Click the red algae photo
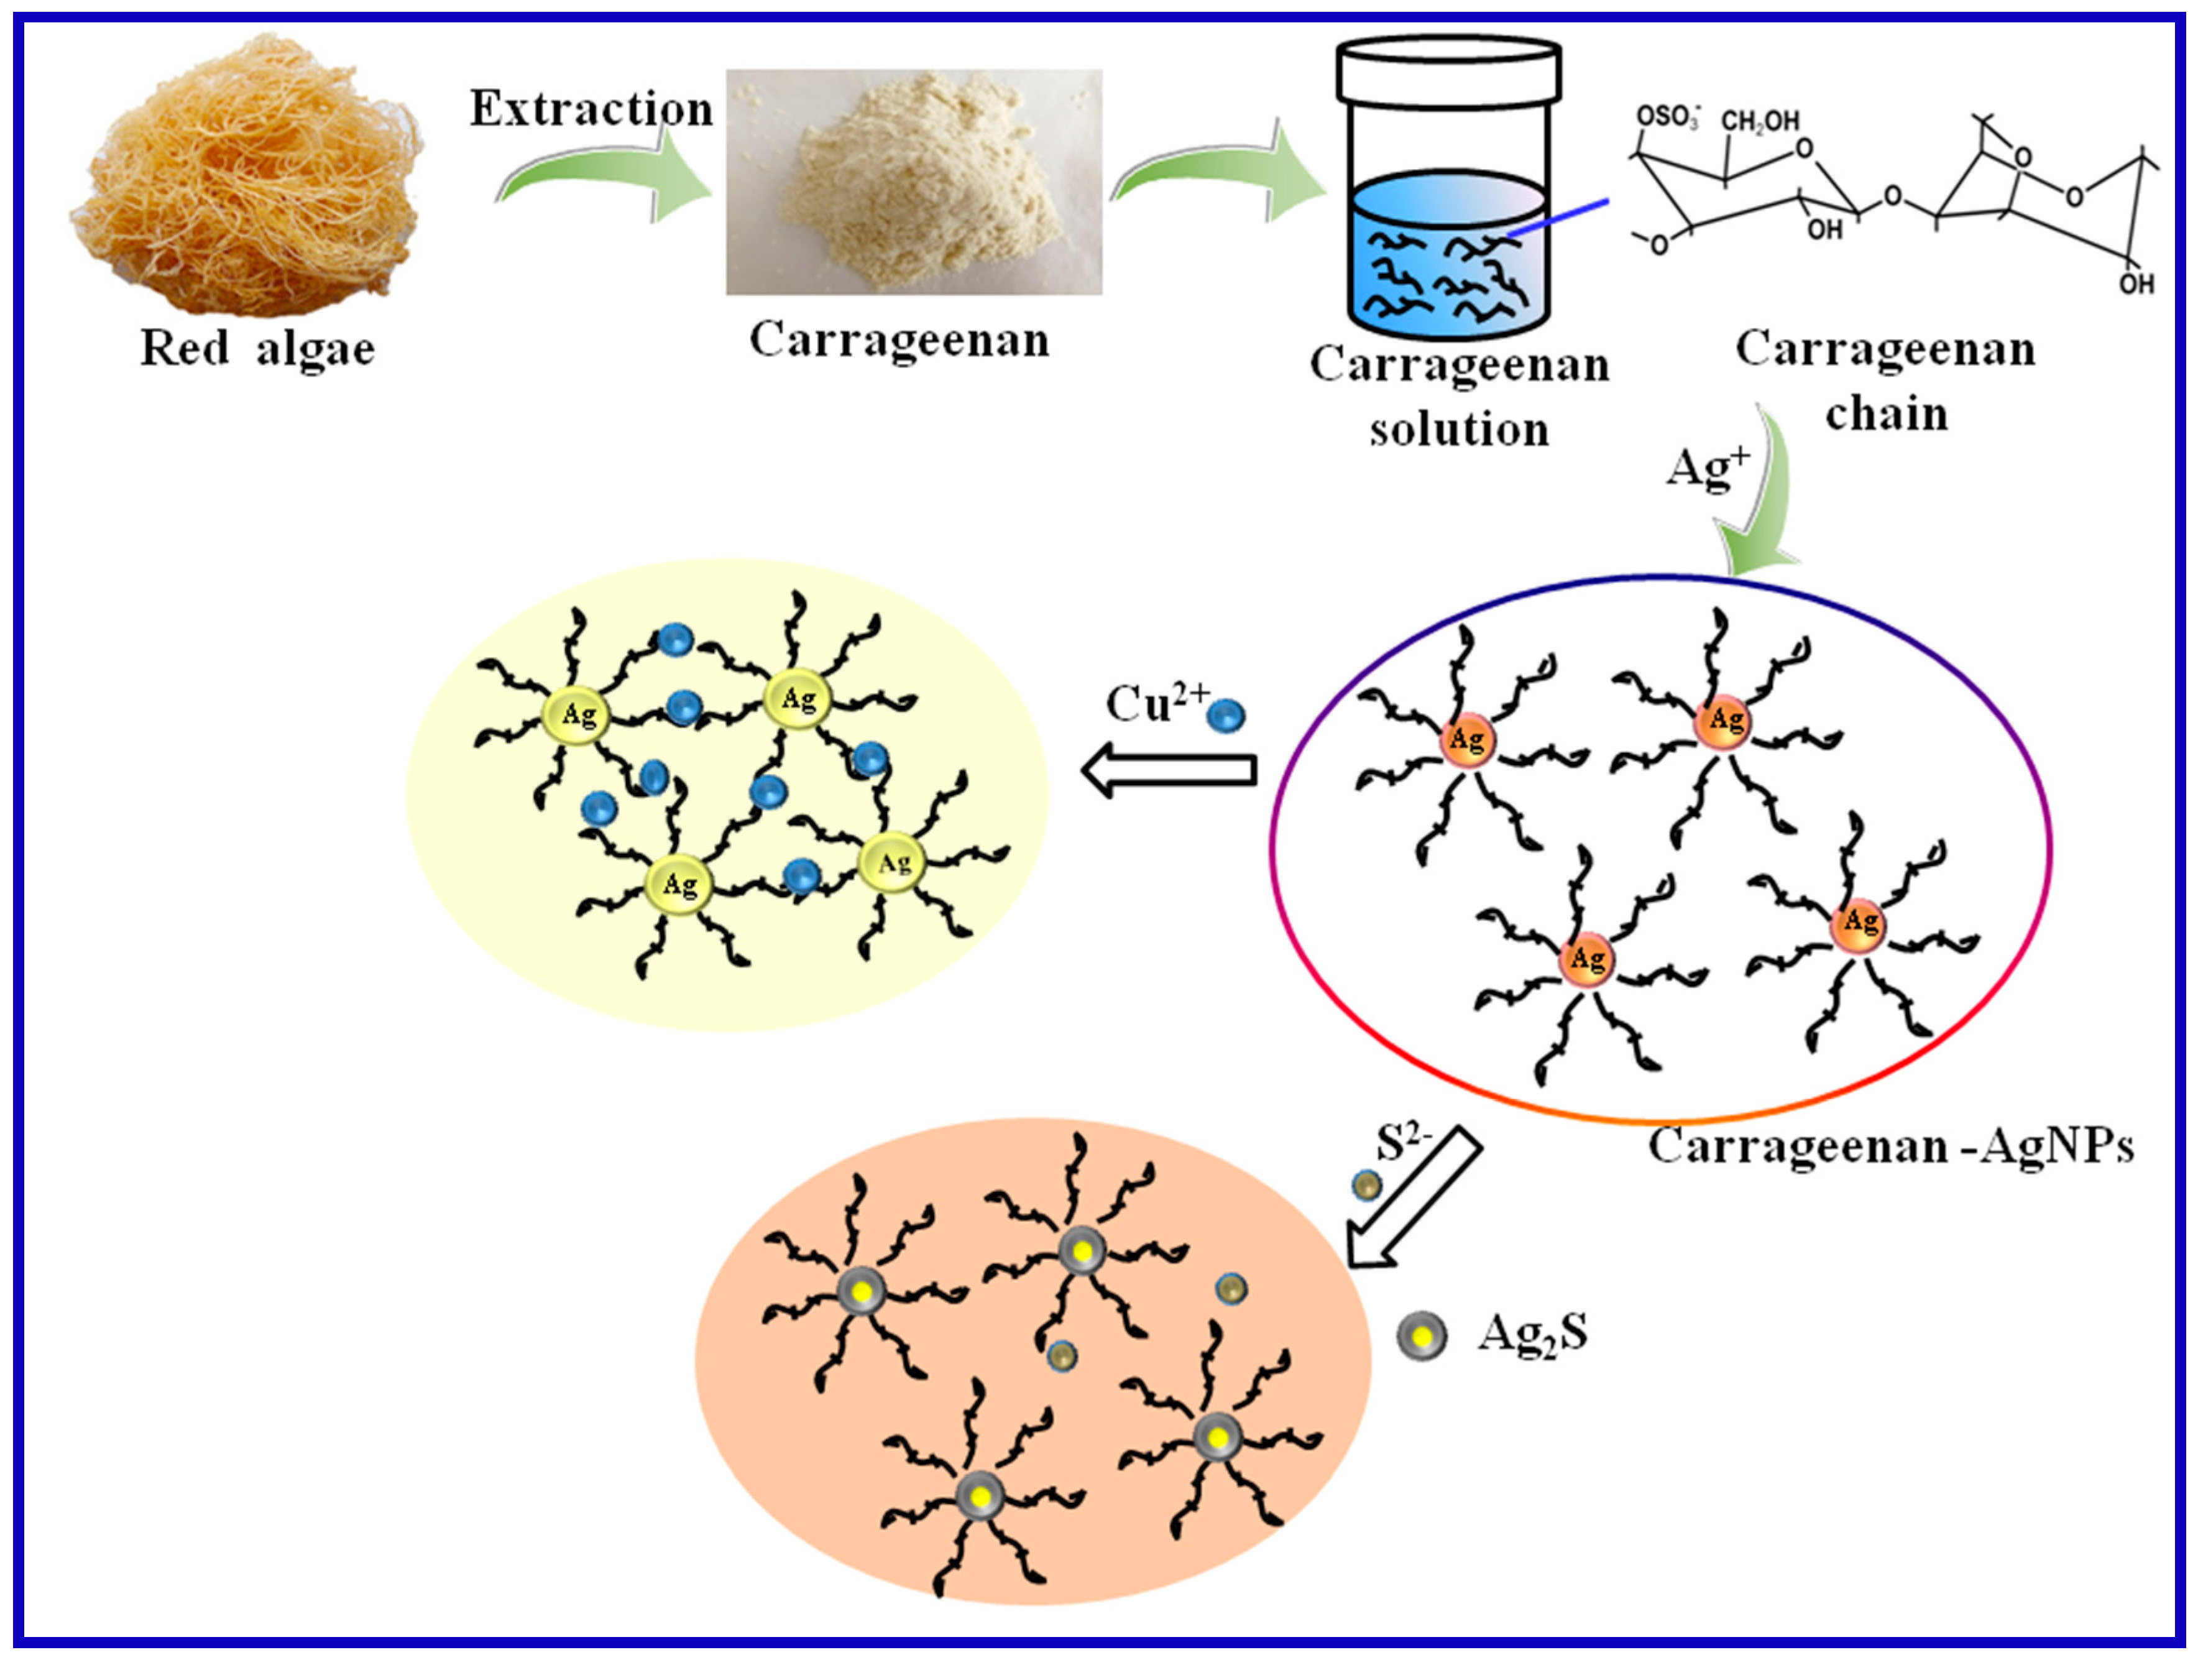click(249, 174)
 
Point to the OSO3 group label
click(1667, 118)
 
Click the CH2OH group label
click(1760, 121)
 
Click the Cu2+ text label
click(1156, 704)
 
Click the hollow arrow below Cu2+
click(1169, 770)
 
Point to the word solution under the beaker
click(1459, 430)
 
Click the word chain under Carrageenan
click(1886, 413)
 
